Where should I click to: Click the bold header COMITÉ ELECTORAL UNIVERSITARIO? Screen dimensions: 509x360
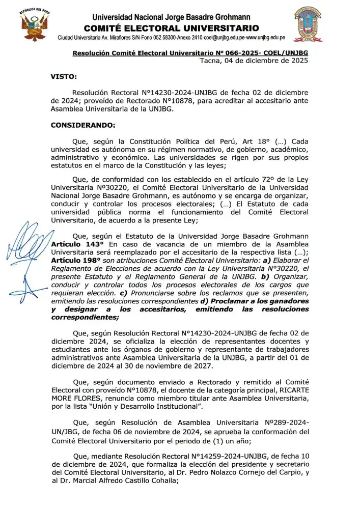[x=171, y=28]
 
